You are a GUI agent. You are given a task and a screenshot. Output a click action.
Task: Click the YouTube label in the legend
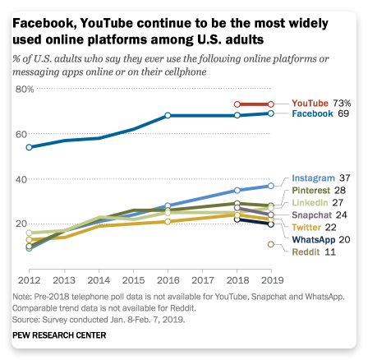[x=310, y=104]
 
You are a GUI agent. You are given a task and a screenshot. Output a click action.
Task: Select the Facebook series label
[x=312, y=113]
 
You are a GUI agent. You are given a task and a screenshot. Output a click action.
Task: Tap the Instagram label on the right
[x=313, y=178]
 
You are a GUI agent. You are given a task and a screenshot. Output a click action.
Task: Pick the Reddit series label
[x=306, y=252]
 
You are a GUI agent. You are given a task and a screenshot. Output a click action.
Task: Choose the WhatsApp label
[x=314, y=240]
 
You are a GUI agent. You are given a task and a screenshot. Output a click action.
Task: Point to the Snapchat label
[x=311, y=215]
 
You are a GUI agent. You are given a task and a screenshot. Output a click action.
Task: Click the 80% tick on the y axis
[x=25, y=90]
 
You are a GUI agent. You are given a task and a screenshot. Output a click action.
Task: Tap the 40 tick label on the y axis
[x=21, y=179]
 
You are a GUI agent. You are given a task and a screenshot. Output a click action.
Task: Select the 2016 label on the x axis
[x=168, y=280]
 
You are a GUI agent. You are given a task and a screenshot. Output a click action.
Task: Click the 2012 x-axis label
[x=29, y=280]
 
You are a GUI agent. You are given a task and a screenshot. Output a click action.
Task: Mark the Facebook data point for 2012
[x=29, y=147]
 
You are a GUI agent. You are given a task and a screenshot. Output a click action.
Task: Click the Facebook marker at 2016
[x=168, y=115]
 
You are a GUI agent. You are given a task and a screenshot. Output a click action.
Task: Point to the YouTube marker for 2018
[x=237, y=104]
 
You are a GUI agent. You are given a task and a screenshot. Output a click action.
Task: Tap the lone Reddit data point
[x=271, y=244]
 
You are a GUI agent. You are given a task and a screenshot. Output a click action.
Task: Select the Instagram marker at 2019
[x=271, y=186]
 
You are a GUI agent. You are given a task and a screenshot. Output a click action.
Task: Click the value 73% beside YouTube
[x=342, y=104]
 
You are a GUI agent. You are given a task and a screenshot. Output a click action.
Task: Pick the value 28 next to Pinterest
[x=340, y=191]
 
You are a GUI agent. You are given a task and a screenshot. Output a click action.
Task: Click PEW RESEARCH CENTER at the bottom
[x=59, y=335]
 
